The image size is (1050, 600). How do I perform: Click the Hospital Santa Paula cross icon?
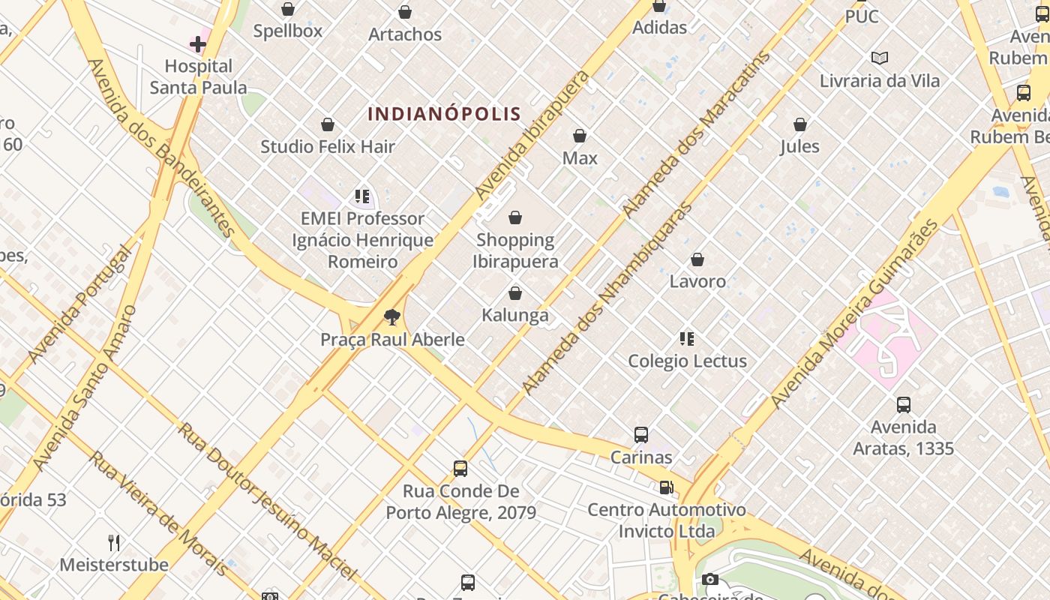point(198,44)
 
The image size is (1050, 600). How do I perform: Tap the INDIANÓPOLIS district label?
point(444,114)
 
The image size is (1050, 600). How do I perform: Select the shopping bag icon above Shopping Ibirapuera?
point(515,218)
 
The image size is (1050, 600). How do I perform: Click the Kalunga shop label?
point(515,315)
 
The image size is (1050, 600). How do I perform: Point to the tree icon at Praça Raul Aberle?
point(391,317)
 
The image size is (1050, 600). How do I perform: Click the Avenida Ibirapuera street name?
point(532,135)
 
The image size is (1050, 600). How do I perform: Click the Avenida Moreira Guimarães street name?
point(854,314)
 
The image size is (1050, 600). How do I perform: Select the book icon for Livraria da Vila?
point(880,58)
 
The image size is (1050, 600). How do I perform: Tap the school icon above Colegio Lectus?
point(686,339)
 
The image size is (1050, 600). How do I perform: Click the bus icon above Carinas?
point(641,435)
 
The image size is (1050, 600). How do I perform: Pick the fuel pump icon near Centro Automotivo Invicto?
point(666,488)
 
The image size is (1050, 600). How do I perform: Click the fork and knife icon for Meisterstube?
point(114,542)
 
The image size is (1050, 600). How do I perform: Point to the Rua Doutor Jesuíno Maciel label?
point(267,500)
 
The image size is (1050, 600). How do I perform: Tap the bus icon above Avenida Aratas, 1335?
point(904,405)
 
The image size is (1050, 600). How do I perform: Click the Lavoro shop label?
point(697,281)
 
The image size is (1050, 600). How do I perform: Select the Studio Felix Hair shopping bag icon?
point(328,124)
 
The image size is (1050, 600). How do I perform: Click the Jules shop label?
point(800,146)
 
